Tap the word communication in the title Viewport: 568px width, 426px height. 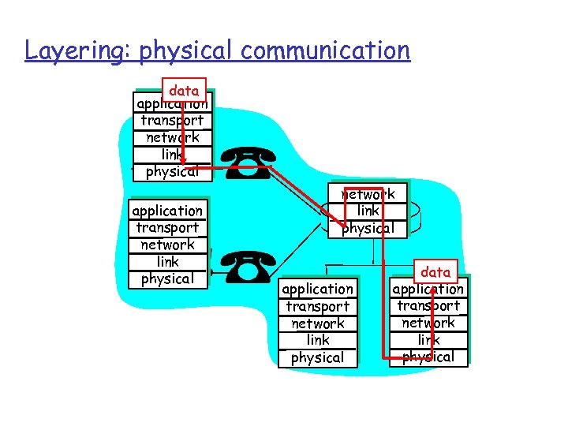(x=325, y=51)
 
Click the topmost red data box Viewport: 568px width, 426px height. (x=184, y=90)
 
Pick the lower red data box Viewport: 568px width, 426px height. (x=435, y=272)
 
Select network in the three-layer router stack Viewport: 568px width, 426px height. (x=368, y=194)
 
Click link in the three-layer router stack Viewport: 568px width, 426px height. (x=368, y=211)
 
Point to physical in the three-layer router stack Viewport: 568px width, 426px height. (x=368, y=228)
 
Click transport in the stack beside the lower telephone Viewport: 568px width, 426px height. (x=167, y=228)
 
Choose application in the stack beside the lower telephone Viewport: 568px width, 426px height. (x=167, y=211)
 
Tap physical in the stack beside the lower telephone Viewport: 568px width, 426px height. (x=167, y=278)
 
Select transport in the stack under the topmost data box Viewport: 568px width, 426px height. (x=172, y=121)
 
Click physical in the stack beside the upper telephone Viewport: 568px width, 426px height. (x=172, y=171)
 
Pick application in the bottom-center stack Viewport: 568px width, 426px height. (x=318, y=289)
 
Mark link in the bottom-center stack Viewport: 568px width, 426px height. (x=318, y=340)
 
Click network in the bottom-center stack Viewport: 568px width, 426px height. (x=318, y=323)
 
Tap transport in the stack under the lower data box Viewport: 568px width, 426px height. (x=428, y=306)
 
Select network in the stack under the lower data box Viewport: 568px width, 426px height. (x=428, y=323)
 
